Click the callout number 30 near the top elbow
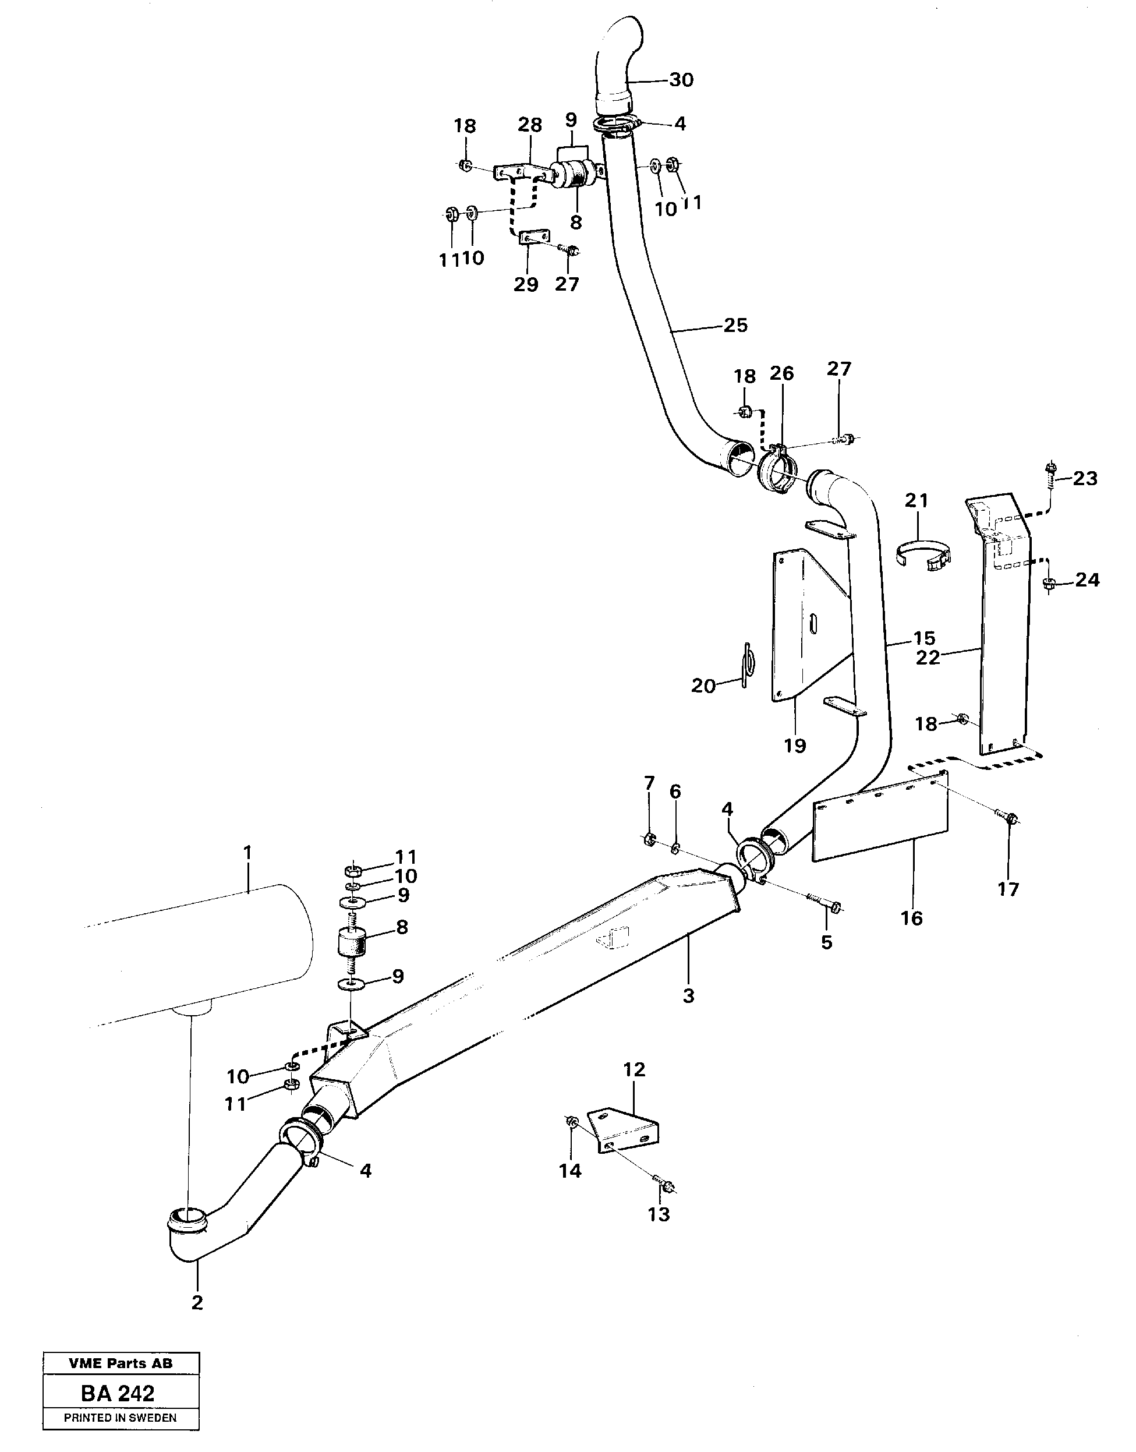[x=681, y=80]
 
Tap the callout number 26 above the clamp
[x=781, y=374]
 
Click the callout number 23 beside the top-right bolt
[x=1085, y=478]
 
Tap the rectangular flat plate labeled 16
[x=882, y=819]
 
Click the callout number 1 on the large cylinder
[x=247, y=852]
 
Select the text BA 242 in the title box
[x=118, y=1392]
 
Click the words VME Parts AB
[x=121, y=1363]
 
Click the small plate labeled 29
[x=534, y=237]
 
